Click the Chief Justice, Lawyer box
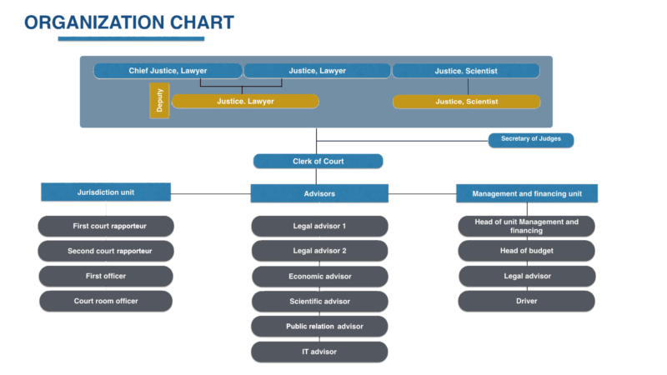[x=168, y=71]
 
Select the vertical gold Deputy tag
[x=159, y=101]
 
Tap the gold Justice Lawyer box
[x=245, y=102]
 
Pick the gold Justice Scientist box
[x=466, y=102]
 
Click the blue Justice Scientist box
[x=466, y=71]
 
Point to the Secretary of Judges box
[x=530, y=140]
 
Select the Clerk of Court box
[x=318, y=161]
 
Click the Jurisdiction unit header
[x=106, y=192]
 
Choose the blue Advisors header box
[x=319, y=193]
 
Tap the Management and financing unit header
[x=526, y=193]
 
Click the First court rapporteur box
[x=106, y=226]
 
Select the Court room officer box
[x=106, y=301]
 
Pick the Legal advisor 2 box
[x=319, y=251]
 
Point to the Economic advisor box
[x=319, y=277]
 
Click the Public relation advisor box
[x=319, y=327]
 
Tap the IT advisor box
[x=319, y=352]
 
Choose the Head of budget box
[x=526, y=251]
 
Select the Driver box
[x=526, y=301]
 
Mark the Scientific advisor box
[x=319, y=302]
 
